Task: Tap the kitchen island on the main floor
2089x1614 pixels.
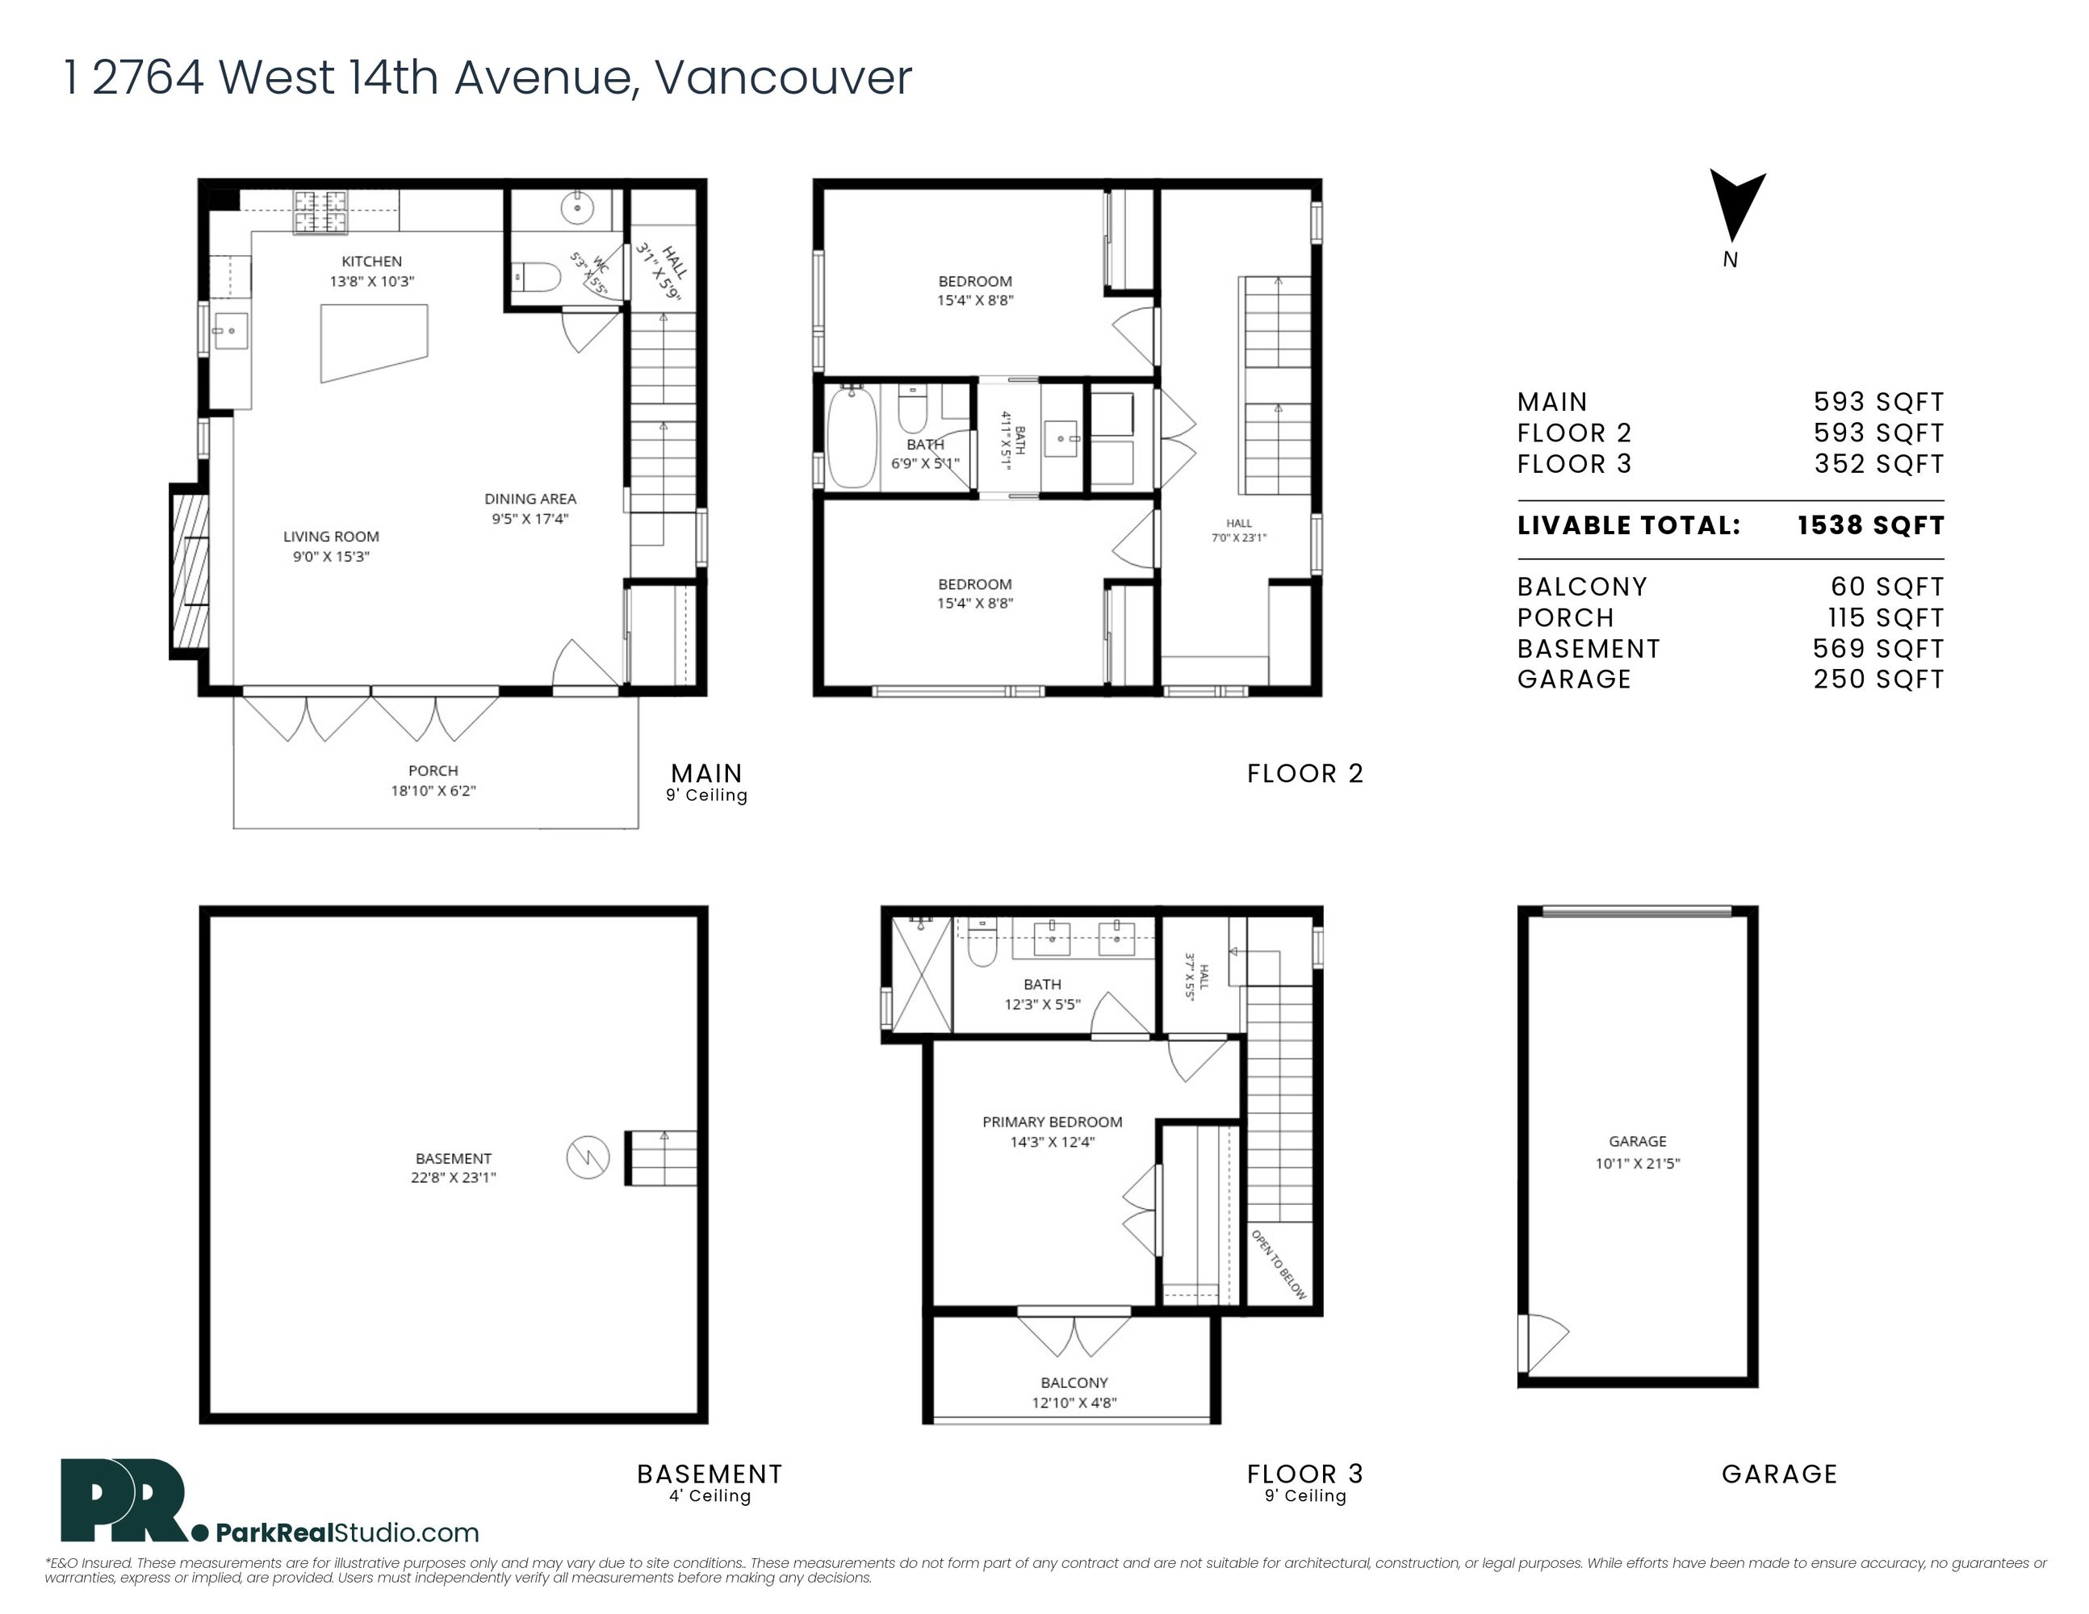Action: pos(373,341)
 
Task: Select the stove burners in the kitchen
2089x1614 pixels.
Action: pos(320,211)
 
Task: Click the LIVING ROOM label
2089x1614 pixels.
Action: pos(331,537)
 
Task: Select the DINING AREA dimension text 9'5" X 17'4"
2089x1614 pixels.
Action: pos(531,519)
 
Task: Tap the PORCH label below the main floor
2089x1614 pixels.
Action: pos(433,771)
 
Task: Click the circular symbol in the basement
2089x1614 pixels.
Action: pos(588,1158)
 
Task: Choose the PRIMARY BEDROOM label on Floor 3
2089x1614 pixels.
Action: pos(1052,1122)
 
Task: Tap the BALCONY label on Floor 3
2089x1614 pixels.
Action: pos(1074,1382)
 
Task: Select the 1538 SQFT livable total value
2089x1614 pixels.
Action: pos(1870,525)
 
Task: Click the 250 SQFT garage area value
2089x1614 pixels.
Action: pos(1878,679)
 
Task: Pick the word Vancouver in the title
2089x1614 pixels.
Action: pos(783,77)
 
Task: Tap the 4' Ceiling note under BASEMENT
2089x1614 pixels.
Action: pos(710,1495)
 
